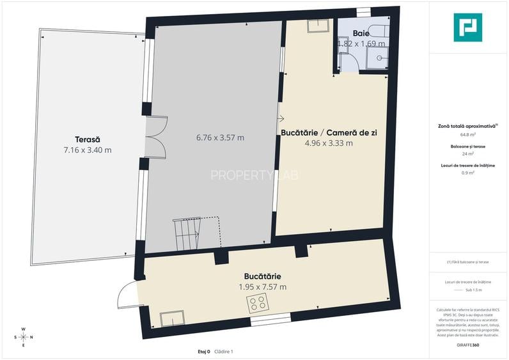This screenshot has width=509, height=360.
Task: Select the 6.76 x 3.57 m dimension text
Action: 219,137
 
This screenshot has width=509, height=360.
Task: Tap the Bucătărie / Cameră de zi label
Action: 329,132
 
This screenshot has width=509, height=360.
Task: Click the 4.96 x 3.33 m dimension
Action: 329,143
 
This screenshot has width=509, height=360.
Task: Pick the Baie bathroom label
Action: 361,33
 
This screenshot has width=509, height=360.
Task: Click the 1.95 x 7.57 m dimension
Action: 262,287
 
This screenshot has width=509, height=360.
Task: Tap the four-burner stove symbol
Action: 258,304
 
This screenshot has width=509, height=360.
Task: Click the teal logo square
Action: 467,27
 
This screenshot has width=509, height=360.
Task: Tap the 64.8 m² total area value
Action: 467,135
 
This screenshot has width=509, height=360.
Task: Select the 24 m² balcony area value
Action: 467,153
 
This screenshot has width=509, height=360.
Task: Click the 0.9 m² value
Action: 467,172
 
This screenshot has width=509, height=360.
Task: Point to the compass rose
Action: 23,338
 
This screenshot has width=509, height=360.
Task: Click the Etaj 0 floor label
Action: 204,352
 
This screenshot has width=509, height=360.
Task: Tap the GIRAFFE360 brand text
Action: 467,345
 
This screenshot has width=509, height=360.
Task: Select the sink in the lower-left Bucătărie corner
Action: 172,318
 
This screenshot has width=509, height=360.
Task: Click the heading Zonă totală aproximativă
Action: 467,127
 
